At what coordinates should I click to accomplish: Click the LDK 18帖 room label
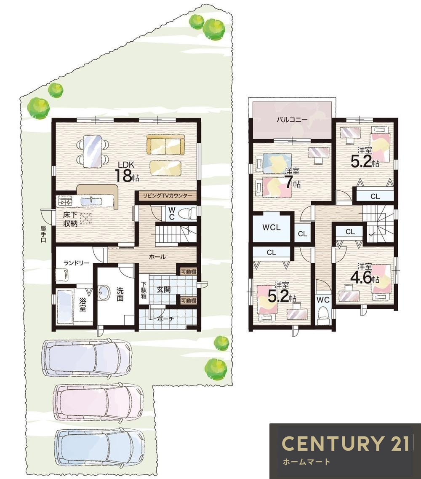coord(127,171)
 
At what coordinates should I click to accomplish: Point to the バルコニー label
coord(292,120)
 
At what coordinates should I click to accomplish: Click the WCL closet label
coord(272,227)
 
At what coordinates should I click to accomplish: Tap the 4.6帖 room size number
coord(365,278)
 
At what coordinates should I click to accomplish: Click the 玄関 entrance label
coord(163,289)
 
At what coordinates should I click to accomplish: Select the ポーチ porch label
coord(166,319)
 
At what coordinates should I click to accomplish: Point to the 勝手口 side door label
coord(43,234)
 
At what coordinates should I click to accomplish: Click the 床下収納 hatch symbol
coord(86,218)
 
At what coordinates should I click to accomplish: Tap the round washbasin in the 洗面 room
coord(104,293)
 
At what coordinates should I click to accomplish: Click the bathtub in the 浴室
coord(65,306)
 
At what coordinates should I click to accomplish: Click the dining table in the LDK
coord(92,151)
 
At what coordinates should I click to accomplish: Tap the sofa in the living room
coord(165,145)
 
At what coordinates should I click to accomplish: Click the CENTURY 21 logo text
coord(345,443)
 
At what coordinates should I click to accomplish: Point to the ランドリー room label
coord(76,263)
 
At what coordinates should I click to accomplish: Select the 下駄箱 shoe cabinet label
coord(144,290)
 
